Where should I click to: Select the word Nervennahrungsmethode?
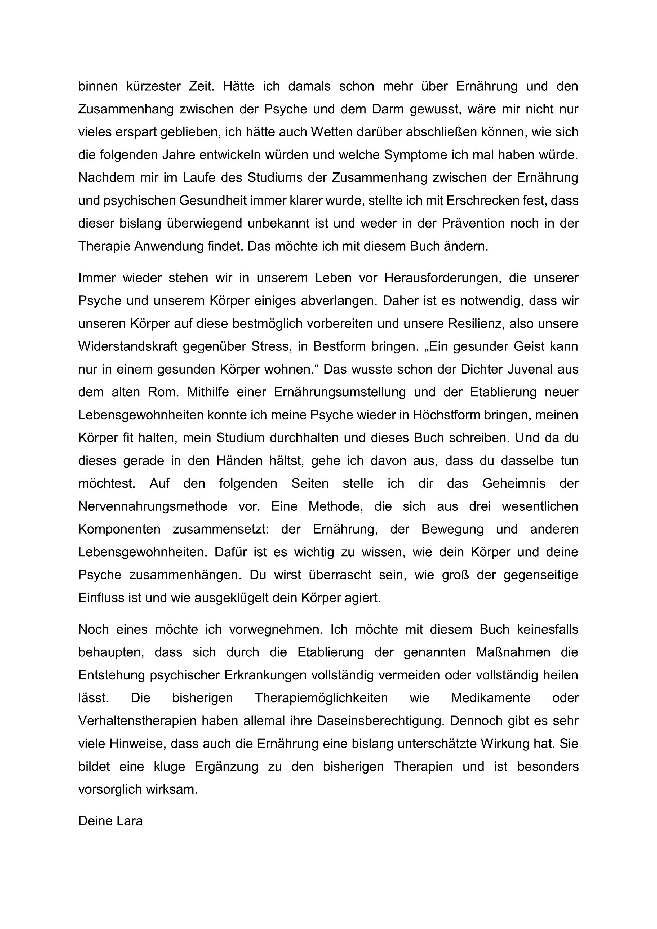pos(153,506)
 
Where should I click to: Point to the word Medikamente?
pos(491,698)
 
